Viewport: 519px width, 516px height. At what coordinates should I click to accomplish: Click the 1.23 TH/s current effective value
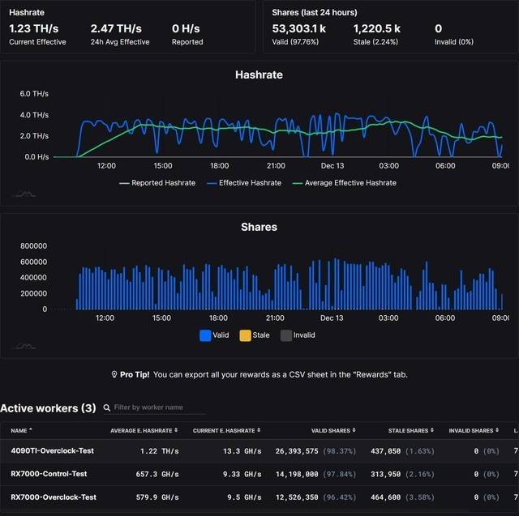[x=33, y=28]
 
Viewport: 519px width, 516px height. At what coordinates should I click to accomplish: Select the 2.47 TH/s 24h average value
[x=115, y=28]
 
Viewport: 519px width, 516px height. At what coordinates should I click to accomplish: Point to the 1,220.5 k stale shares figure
[x=376, y=28]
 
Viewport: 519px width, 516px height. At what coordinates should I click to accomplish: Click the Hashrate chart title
[x=259, y=75]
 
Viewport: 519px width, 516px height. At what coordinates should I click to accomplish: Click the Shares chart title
[x=259, y=227]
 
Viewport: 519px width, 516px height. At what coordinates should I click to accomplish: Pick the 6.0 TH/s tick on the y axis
[x=33, y=94]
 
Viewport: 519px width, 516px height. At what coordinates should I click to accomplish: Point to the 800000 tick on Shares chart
[x=33, y=245]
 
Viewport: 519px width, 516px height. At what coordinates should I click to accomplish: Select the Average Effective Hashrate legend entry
[x=350, y=183]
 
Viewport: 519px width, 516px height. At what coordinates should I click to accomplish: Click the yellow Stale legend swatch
[x=245, y=335]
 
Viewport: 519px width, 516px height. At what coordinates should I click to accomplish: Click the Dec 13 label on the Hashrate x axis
[x=332, y=165]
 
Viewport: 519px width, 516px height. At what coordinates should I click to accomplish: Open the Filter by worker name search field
[x=154, y=407]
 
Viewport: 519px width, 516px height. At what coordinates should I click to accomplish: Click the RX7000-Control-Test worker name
[x=49, y=474]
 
